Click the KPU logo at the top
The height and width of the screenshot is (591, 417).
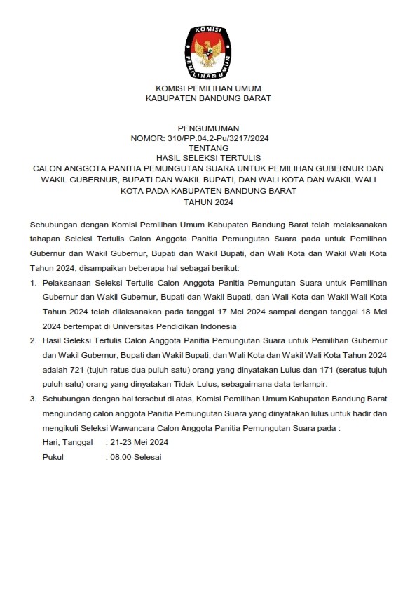tap(207, 51)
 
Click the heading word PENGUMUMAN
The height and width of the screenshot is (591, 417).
tap(208, 128)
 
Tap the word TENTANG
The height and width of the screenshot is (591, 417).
tap(208, 149)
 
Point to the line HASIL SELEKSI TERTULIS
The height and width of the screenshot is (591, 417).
tap(208, 159)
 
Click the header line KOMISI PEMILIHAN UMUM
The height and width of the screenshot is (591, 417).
tap(208, 88)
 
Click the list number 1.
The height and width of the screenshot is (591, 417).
tap(32, 282)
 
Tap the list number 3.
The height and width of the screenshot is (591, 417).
tap(32, 399)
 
